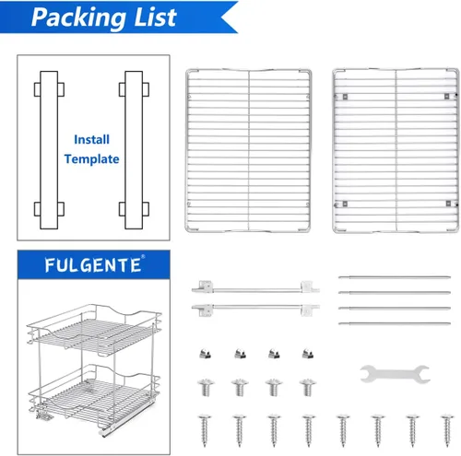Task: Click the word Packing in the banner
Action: [78, 18]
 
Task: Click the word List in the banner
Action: [155, 17]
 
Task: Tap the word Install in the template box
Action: [91, 140]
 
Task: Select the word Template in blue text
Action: [91, 159]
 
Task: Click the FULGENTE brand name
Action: [93, 265]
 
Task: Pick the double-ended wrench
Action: [395, 374]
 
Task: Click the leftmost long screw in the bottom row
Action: [205, 430]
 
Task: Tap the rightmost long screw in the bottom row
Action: [447, 430]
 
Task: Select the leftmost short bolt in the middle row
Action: [206, 388]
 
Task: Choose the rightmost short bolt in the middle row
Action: [308, 388]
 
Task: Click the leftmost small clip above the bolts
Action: [206, 354]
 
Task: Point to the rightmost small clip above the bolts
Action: [308, 354]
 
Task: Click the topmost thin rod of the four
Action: [395, 277]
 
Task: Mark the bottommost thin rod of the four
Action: [395, 323]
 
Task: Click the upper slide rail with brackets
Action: [255, 287]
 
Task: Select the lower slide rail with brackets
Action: [255, 310]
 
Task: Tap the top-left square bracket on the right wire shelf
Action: [345, 97]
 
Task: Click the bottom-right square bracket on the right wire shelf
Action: [448, 204]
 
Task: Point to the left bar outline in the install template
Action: [49, 150]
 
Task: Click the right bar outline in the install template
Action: [134, 150]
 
